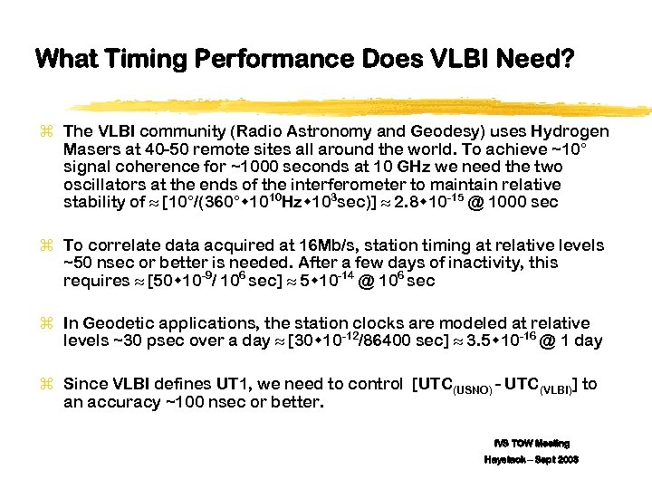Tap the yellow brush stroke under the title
362,101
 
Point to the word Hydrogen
570,132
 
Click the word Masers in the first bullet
89,149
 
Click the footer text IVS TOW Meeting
532,443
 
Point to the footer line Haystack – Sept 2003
532,460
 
